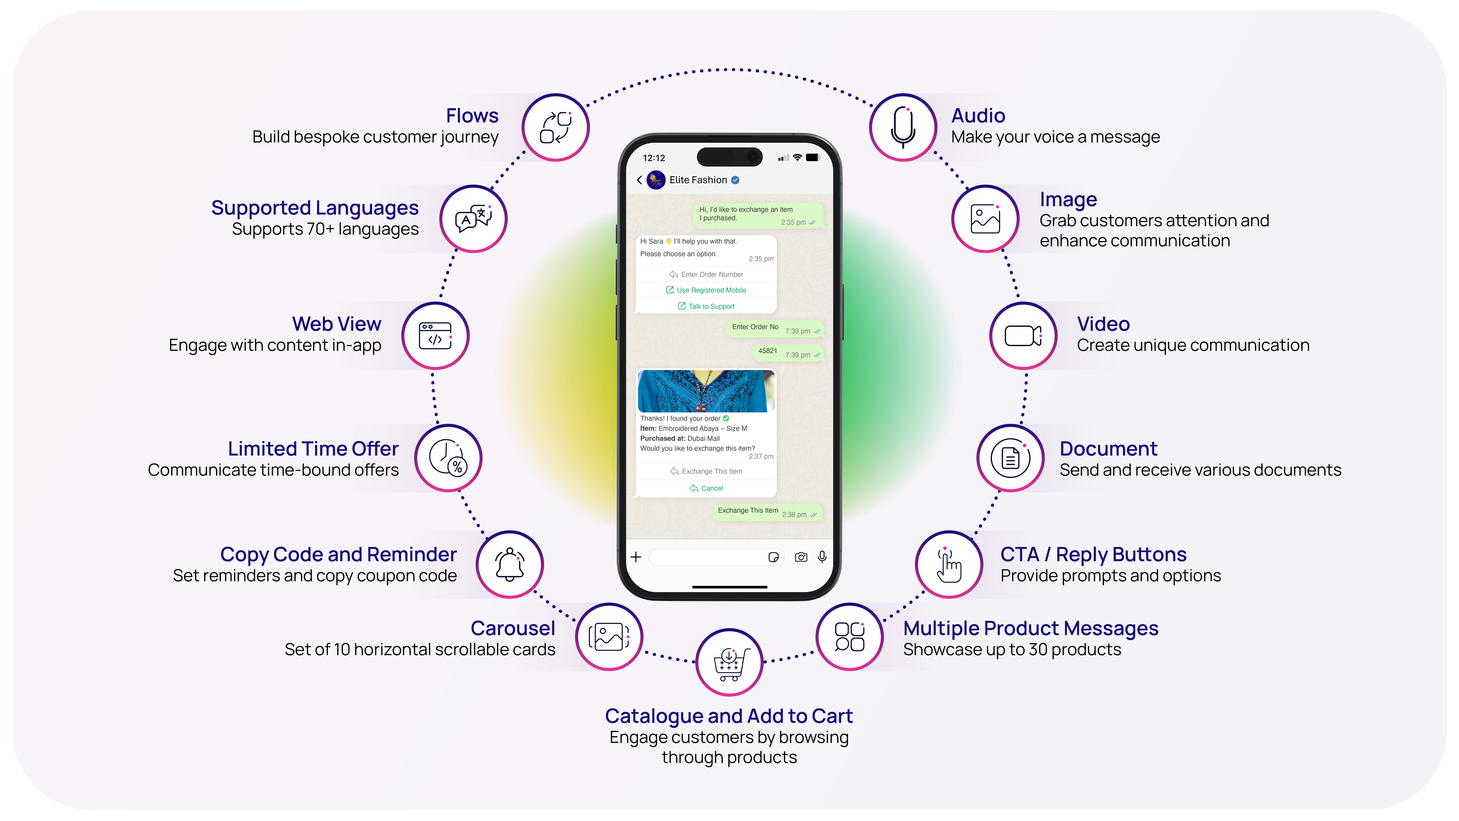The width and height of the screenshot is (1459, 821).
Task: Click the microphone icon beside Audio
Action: (x=903, y=128)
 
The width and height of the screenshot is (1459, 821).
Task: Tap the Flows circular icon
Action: (x=556, y=128)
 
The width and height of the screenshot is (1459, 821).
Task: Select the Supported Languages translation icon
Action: (x=473, y=219)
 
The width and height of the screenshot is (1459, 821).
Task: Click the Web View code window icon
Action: (x=435, y=336)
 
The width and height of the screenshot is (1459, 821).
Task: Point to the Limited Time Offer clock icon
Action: (x=448, y=458)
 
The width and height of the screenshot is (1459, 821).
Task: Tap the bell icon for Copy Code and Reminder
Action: (x=510, y=564)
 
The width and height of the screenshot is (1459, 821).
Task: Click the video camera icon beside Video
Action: (x=1023, y=336)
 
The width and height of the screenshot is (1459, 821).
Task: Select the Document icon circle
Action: (x=1010, y=458)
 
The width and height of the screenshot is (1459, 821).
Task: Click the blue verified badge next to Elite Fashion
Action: (x=735, y=180)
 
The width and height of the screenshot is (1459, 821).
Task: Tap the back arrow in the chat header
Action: (x=639, y=180)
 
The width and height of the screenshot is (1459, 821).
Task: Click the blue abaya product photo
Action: (x=706, y=391)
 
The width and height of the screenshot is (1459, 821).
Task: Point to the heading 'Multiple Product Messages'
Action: (x=1030, y=628)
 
